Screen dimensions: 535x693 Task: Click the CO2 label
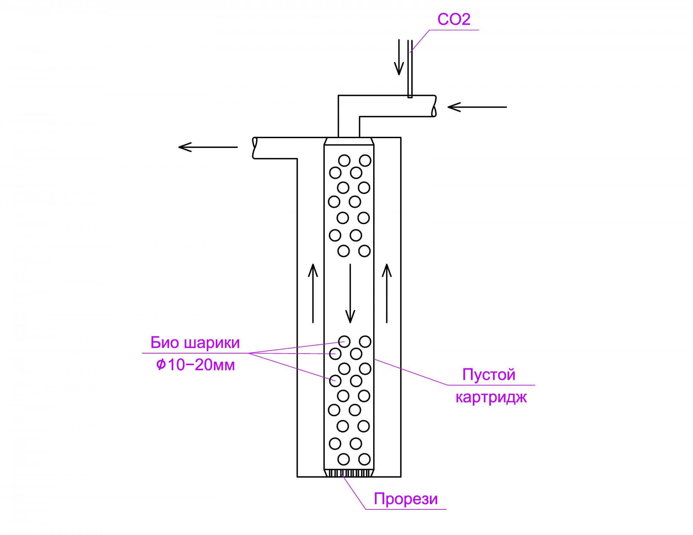coord(454,19)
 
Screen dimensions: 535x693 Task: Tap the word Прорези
coord(406,499)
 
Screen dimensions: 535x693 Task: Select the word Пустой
coord(489,375)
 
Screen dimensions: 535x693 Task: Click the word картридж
coord(491,397)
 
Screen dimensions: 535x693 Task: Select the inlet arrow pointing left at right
coord(477,107)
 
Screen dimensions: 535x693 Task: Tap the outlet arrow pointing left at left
coord(208,147)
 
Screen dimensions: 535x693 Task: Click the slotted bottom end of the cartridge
coord(349,473)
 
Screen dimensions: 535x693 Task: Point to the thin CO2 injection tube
coord(410,69)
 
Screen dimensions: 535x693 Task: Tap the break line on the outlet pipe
coord(255,148)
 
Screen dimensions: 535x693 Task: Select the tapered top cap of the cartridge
coord(349,141)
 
